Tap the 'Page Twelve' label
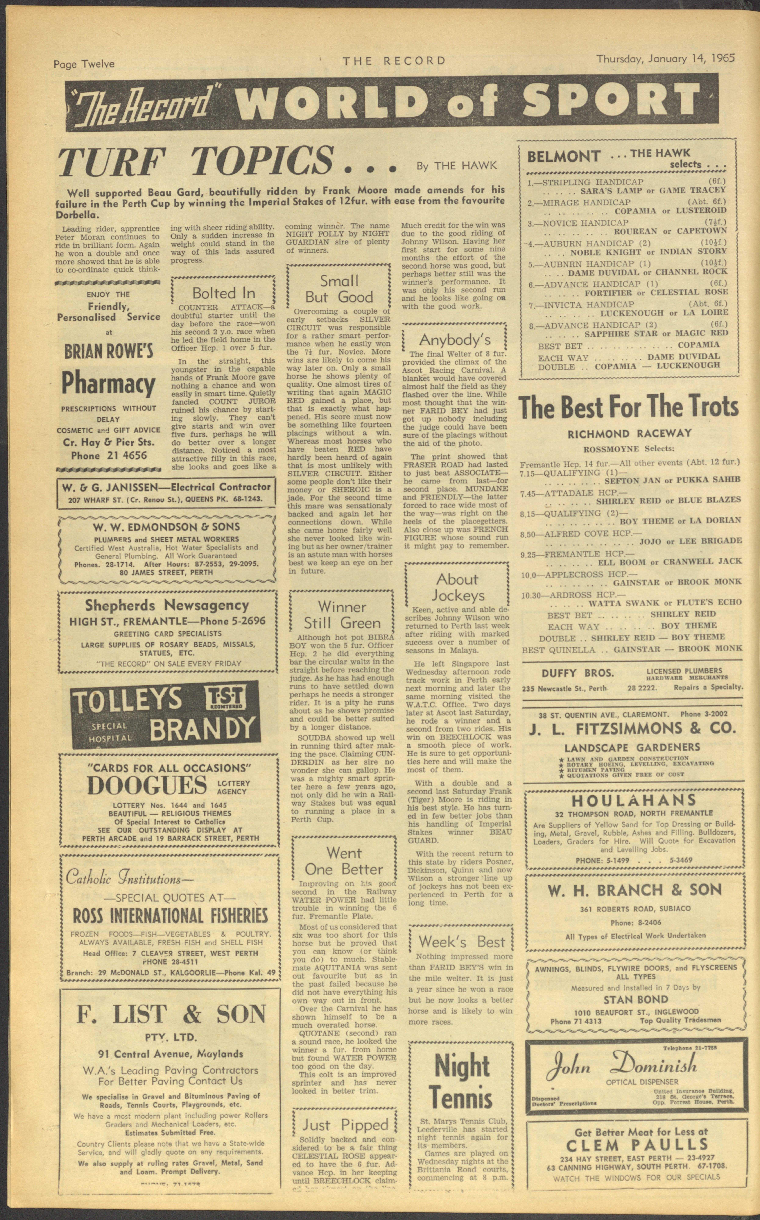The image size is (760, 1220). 84,64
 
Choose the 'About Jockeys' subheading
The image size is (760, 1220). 457,587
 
